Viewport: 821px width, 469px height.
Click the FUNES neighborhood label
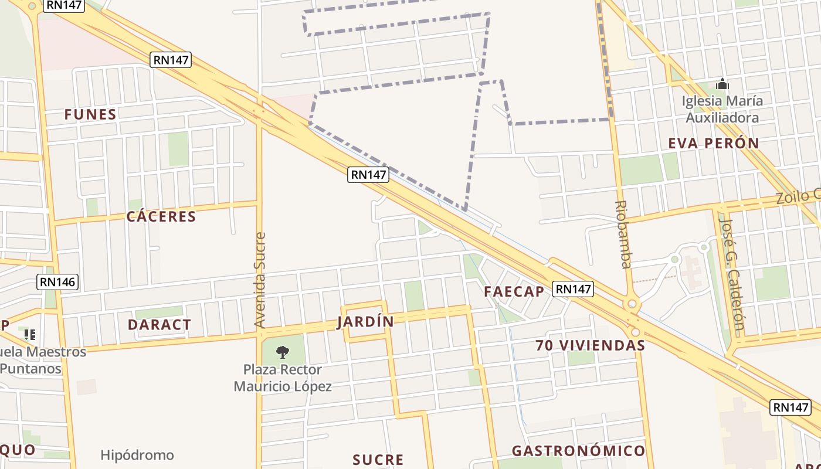tap(90, 114)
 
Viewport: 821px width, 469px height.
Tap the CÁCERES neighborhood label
tap(161, 216)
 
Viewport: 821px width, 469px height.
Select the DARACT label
tap(160, 325)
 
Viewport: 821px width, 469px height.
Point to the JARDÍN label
tap(365, 322)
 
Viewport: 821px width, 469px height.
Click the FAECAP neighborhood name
tap(514, 291)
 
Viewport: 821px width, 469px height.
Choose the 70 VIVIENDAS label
tap(590, 345)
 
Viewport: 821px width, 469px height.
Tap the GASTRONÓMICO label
tap(578, 451)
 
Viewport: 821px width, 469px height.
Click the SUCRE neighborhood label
tap(378, 460)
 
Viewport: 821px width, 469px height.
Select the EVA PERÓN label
tap(714, 143)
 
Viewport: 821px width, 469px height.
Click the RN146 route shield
tap(57, 282)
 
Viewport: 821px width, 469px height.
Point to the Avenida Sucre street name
tap(260, 280)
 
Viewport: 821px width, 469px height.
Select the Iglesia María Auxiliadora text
tap(722, 109)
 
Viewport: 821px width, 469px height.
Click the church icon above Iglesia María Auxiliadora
tap(722, 84)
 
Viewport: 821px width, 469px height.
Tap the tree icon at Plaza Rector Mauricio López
tap(283, 352)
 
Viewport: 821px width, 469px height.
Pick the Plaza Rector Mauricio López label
tap(283, 378)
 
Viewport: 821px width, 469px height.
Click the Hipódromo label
tap(137, 455)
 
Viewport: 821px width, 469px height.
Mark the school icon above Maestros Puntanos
tap(30, 335)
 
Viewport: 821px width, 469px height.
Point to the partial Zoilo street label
tap(798, 196)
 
